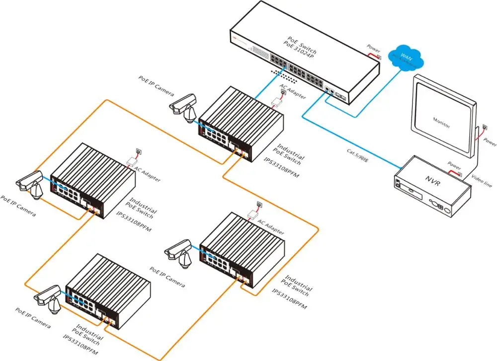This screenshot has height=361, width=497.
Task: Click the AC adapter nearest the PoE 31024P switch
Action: (277, 101)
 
